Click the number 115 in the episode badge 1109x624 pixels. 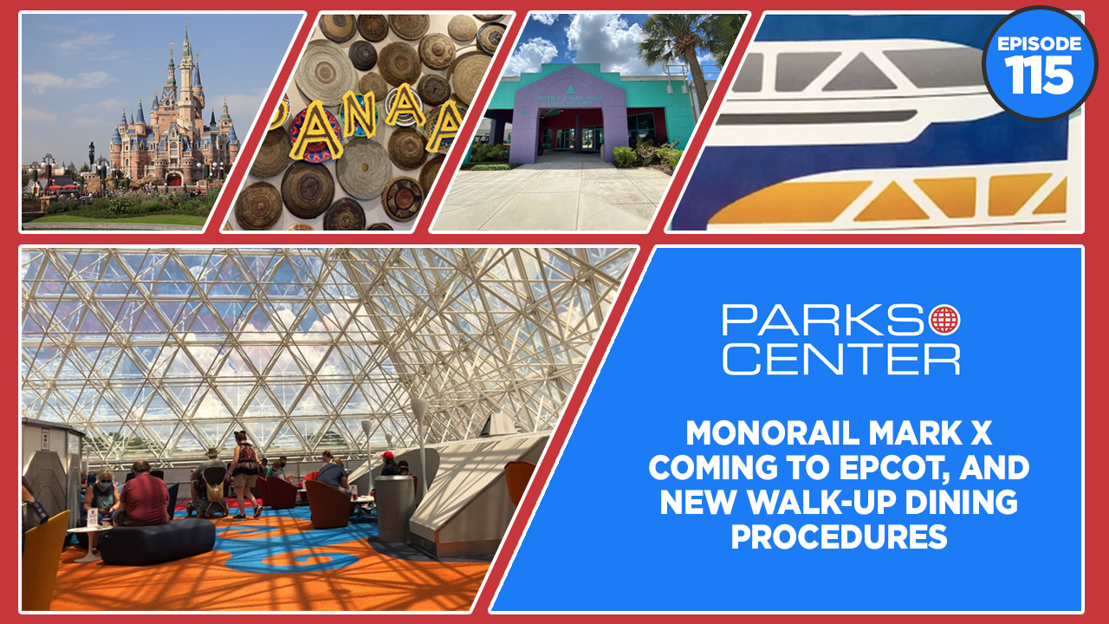1039,75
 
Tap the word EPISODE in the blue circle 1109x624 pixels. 1039,44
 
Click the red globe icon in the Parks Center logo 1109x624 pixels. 944,320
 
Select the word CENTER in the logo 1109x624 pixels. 841,360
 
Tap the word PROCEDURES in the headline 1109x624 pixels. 840,536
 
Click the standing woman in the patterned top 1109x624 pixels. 245,474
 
